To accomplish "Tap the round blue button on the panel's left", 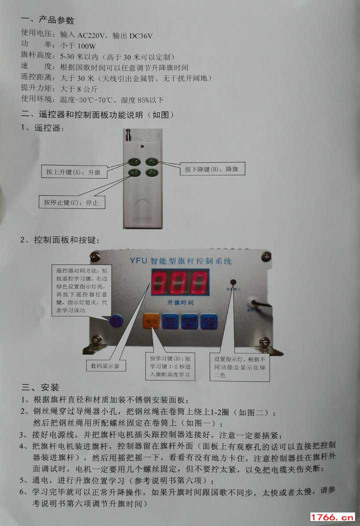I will pyautogui.click(x=116, y=321).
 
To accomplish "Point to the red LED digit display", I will pyautogui.click(x=180, y=283).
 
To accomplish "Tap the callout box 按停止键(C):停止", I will pyautogui.click(x=71, y=203).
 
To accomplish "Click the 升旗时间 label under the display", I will pyautogui.click(x=180, y=303).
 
